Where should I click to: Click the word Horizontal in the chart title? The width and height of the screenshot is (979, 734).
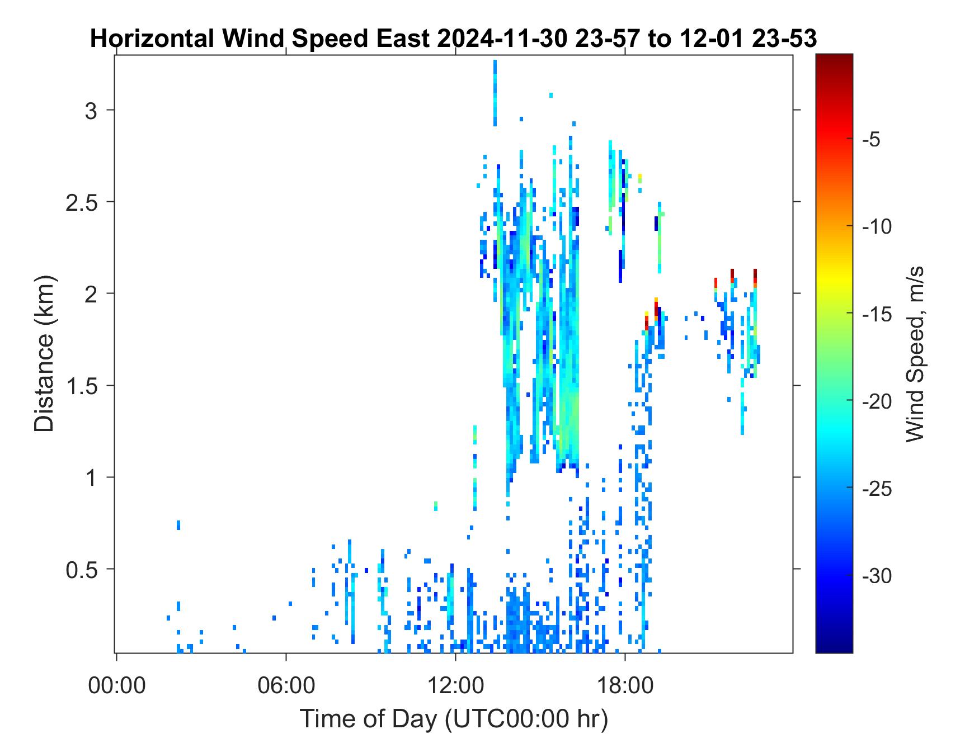[152, 39]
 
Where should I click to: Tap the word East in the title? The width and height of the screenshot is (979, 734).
[403, 39]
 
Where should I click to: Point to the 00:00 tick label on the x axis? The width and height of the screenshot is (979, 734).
[116, 685]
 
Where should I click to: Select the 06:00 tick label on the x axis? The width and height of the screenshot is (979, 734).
[286, 685]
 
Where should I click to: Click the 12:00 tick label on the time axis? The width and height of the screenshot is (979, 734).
[456, 685]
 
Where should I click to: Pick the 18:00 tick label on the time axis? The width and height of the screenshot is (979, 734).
[625, 685]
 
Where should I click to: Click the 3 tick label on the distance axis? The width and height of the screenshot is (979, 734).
[91, 111]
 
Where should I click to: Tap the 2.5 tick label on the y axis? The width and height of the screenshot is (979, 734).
[82, 202]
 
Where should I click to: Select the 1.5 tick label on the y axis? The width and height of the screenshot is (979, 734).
[82, 386]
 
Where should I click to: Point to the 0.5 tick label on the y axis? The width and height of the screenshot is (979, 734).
[82, 570]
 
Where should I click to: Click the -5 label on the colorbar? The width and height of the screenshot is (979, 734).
[872, 140]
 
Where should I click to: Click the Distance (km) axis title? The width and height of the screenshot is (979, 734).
[44, 353]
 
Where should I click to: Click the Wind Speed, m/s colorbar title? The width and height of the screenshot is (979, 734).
[915, 353]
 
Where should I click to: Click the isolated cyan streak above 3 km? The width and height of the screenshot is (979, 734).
[495, 93]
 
